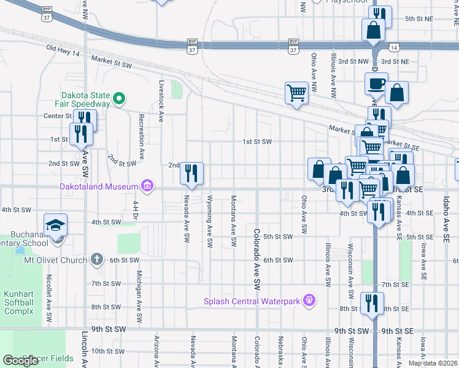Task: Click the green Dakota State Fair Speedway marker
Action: (x=119, y=98)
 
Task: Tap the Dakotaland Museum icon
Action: (x=147, y=185)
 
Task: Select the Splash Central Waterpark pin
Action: (x=310, y=300)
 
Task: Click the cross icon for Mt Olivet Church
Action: (x=96, y=259)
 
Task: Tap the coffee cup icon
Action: (x=376, y=83)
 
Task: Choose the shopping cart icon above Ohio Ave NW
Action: (x=296, y=93)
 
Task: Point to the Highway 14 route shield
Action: (x=393, y=47)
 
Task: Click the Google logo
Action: (x=20, y=361)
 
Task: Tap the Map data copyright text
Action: (x=433, y=363)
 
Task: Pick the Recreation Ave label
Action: (x=141, y=137)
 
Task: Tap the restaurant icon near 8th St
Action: (x=371, y=304)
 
